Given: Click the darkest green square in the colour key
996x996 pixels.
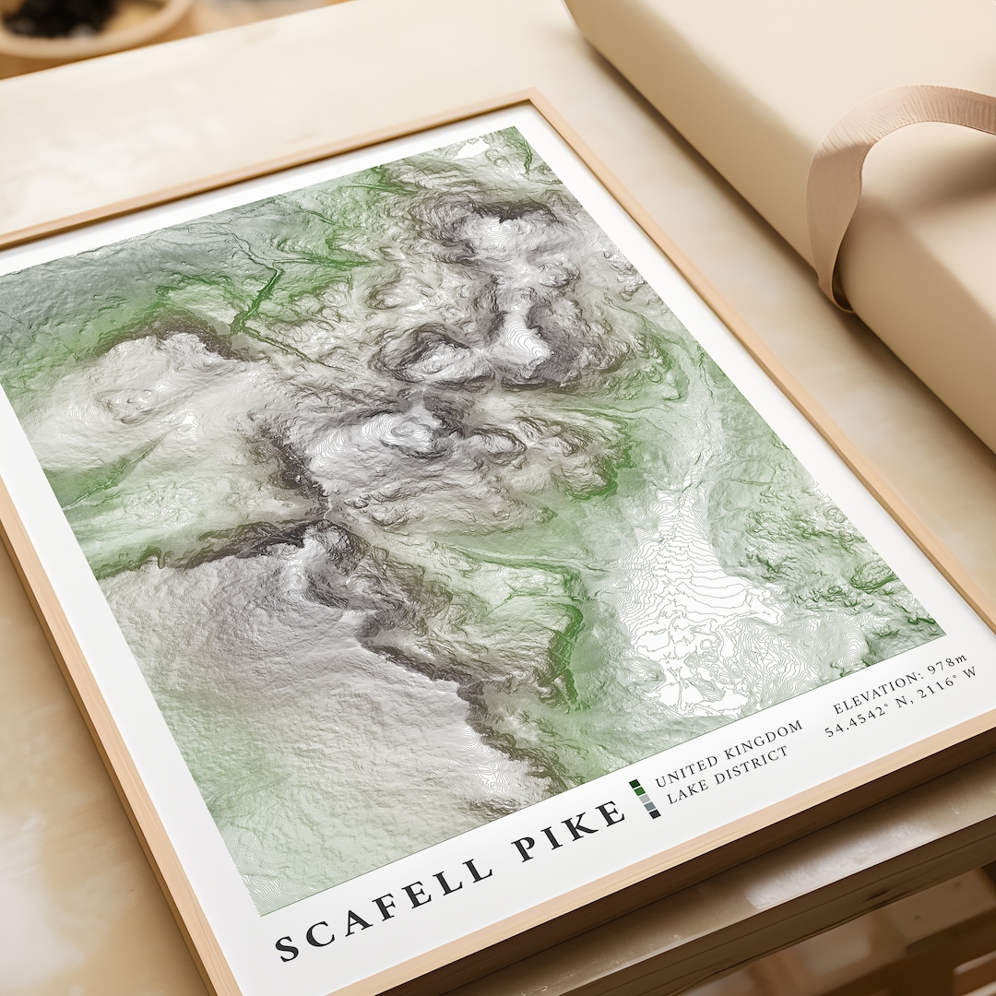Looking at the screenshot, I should point(634,786).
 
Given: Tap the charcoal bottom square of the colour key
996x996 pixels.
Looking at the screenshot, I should point(654,813).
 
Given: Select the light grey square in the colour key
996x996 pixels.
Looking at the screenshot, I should point(644,799).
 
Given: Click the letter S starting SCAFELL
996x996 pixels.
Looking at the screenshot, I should point(287,947).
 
